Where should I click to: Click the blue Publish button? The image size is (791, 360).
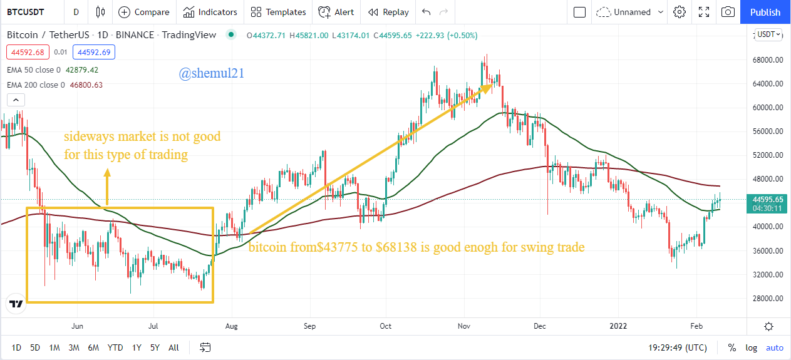pos(765,12)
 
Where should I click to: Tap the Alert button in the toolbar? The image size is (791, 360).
pos(336,12)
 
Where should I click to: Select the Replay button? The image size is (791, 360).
pos(388,12)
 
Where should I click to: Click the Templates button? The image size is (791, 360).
pos(279,12)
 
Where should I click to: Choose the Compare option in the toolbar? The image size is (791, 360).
pos(144,12)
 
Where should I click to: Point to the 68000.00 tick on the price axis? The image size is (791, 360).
pos(768,60)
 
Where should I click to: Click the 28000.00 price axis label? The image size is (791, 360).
pos(768,298)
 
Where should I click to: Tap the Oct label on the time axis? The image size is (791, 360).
pos(386,326)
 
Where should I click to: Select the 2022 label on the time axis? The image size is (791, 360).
pos(619,326)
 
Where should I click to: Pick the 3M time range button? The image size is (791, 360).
pos(74,347)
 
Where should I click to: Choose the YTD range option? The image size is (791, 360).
pos(115,347)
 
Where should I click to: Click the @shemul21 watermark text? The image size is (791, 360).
pos(211,74)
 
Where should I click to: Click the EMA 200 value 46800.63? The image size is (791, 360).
pos(85,85)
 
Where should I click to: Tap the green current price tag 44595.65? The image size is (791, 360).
pos(768,199)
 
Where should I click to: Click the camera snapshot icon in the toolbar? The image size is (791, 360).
pos(728,12)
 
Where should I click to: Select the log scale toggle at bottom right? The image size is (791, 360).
pos(752,347)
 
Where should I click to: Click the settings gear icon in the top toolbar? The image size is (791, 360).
pos(680,12)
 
